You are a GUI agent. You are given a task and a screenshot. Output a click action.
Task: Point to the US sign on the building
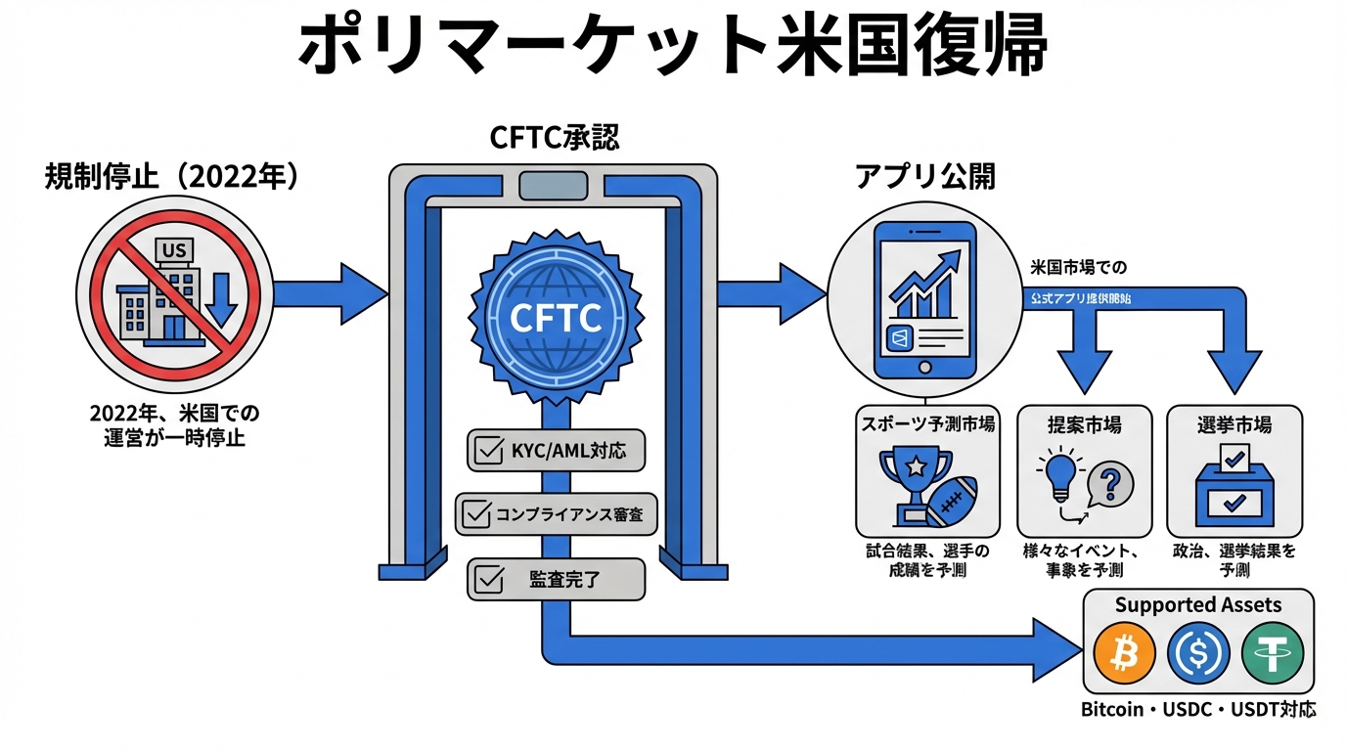point(174,251)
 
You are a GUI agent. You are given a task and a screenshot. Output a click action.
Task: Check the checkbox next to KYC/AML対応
point(487,452)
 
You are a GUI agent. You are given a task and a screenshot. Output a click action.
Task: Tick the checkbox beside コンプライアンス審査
point(476,513)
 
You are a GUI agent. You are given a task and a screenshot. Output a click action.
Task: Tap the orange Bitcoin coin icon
point(1125,653)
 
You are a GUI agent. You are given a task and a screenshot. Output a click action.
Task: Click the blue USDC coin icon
point(1198,653)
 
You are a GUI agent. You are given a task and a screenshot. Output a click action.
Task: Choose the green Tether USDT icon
point(1272,653)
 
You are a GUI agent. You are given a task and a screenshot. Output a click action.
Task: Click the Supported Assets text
point(1197,604)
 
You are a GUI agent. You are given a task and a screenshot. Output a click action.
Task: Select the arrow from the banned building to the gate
point(328,291)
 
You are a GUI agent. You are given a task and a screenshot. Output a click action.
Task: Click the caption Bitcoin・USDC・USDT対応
point(1197,710)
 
